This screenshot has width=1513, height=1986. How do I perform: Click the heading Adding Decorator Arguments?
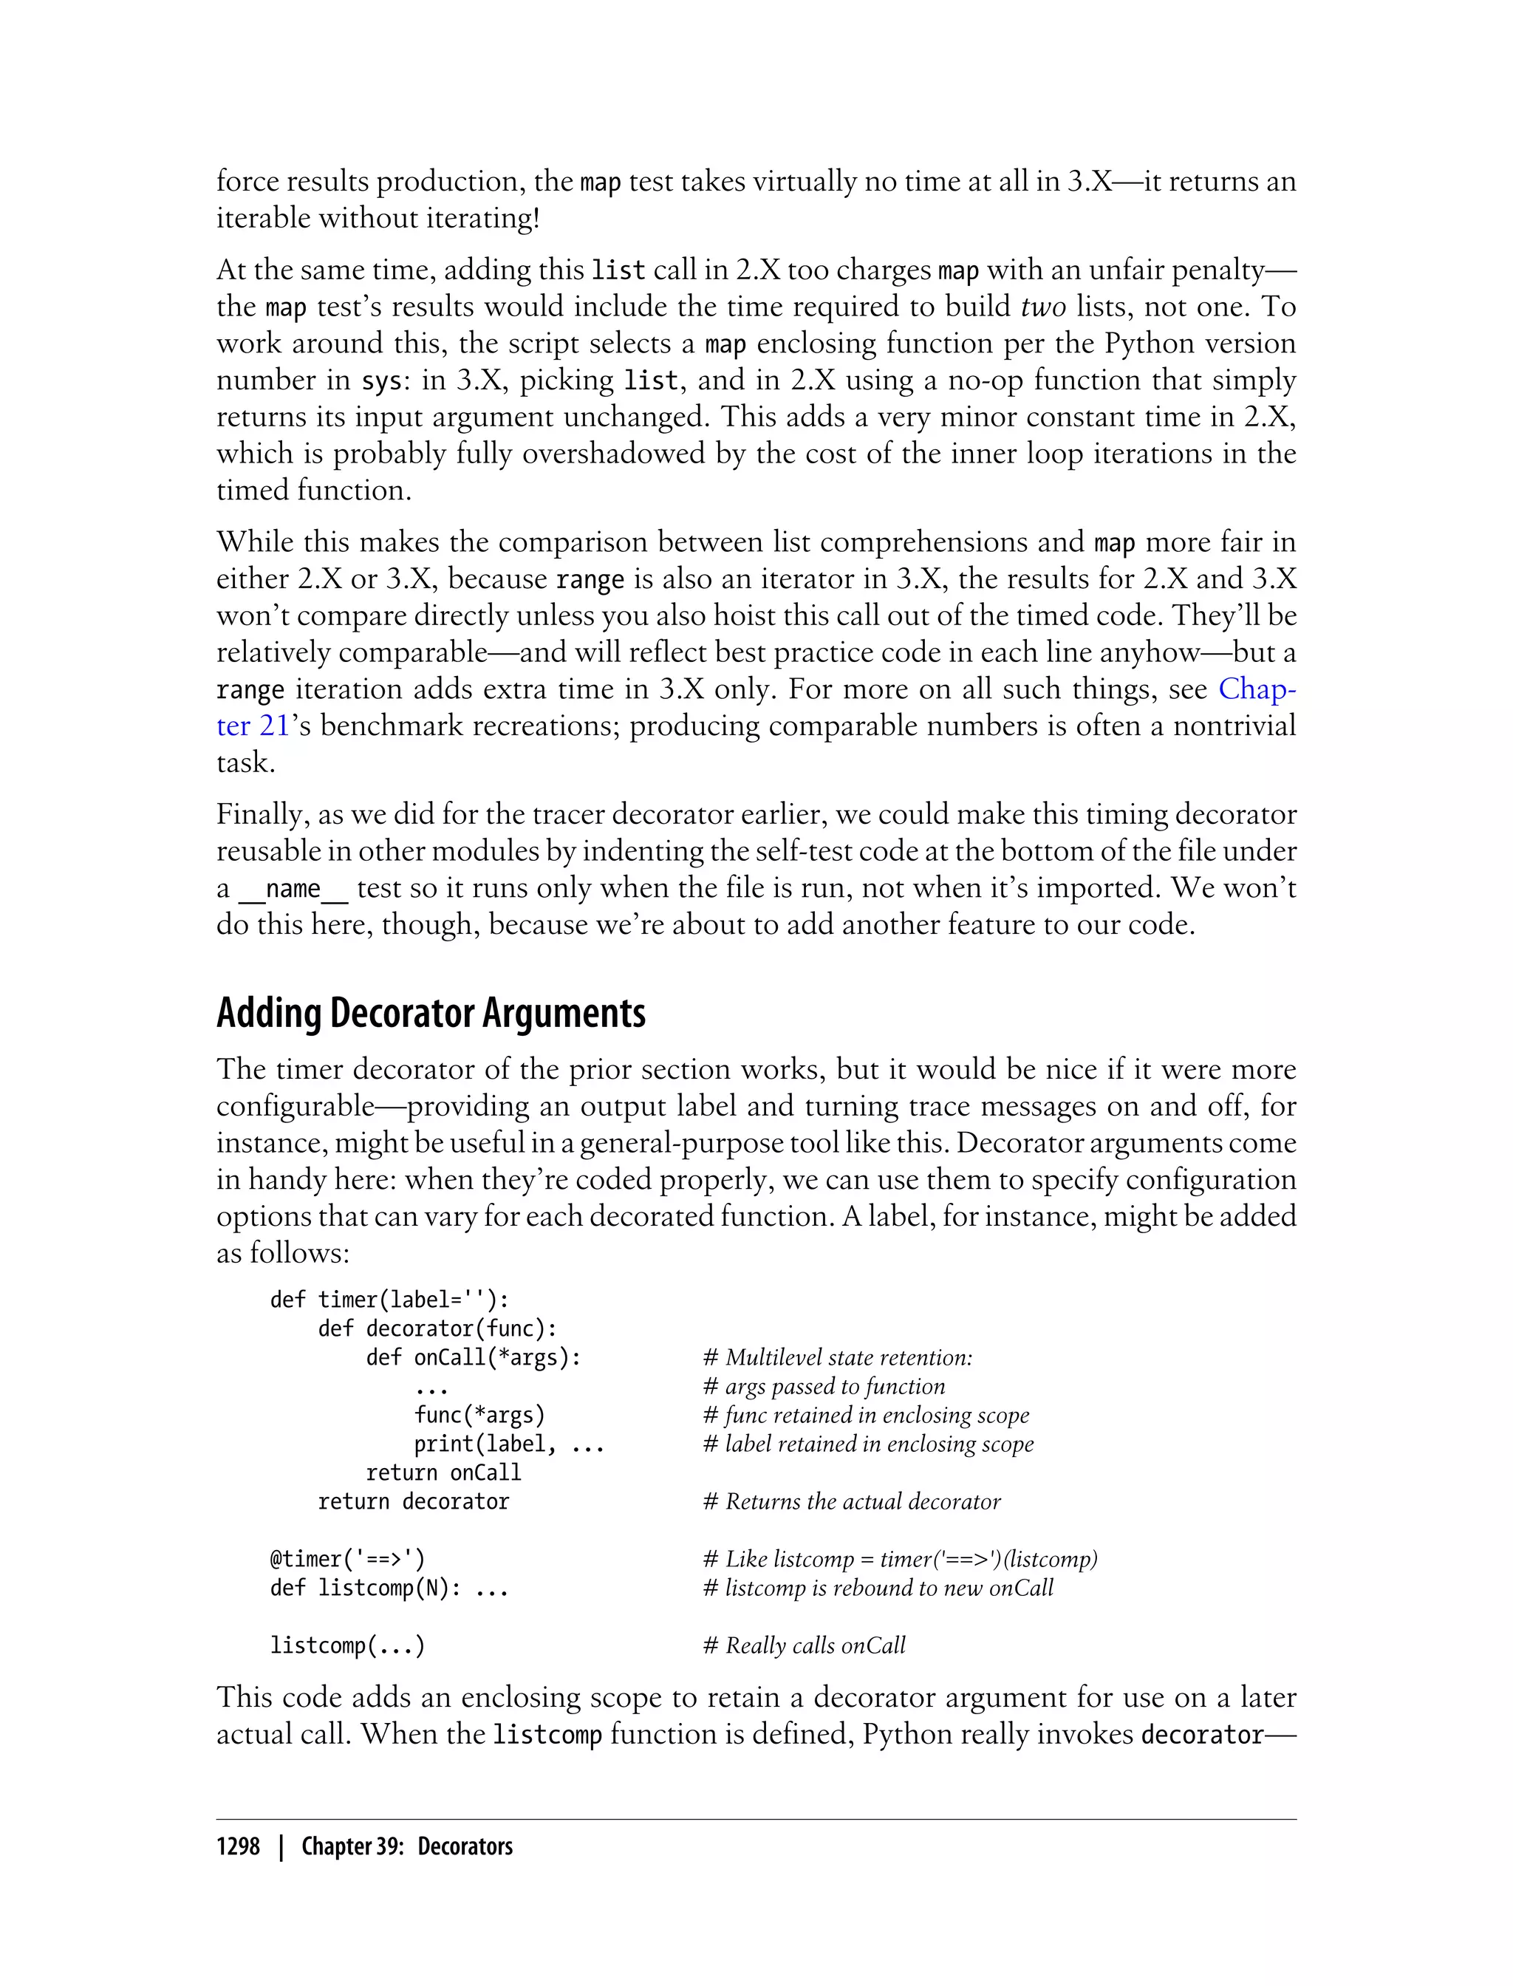[431, 1013]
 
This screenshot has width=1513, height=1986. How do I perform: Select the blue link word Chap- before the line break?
[1257, 689]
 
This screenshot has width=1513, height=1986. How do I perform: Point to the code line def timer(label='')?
[389, 1300]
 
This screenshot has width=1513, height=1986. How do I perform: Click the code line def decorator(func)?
[437, 1328]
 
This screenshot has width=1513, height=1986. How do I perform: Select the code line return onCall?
[443, 1473]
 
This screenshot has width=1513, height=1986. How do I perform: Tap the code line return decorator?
[414, 1501]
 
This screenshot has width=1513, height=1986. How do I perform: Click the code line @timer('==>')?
[346, 1559]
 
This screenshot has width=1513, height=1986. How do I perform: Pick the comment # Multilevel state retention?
[838, 1357]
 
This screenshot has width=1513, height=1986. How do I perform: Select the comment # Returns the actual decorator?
[852, 1501]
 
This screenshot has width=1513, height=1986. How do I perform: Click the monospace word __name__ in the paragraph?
[293, 889]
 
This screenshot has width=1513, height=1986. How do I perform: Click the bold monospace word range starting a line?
[250, 690]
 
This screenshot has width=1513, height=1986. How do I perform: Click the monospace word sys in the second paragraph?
[380, 381]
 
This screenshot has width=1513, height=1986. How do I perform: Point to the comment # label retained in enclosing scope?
[868, 1444]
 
